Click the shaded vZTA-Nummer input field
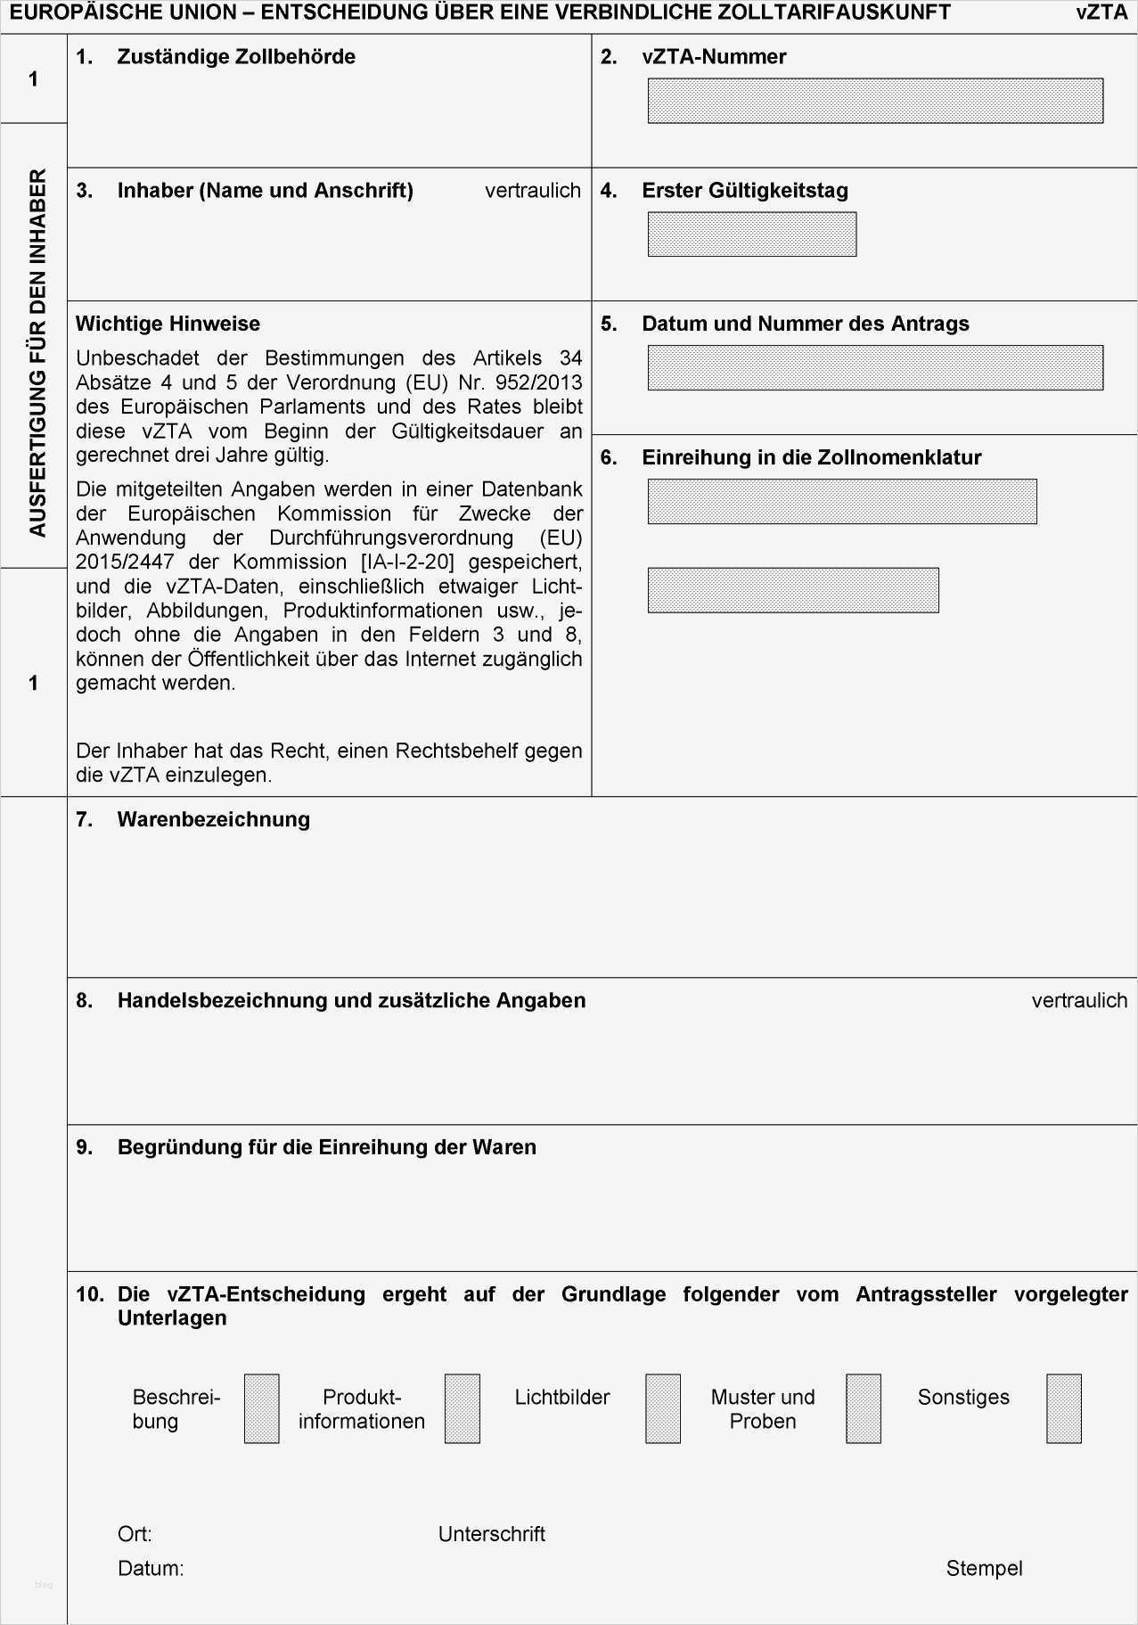click(874, 101)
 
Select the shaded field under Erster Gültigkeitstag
click(751, 234)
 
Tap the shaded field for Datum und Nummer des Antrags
click(874, 368)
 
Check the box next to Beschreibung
click(261, 1408)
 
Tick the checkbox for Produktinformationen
click(462, 1408)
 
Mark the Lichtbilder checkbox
click(662, 1408)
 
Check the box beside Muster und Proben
click(863, 1408)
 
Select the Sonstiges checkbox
click(1063, 1408)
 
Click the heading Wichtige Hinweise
click(168, 324)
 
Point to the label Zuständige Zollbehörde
click(236, 57)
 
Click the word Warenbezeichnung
click(213, 819)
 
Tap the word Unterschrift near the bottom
click(491, 1534)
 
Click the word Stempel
click(984, 1568)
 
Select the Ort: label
click(135, 1534)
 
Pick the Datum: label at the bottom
click(151, 1568)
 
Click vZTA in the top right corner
click(1101, 12)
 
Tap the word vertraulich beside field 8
click(1079, 1000)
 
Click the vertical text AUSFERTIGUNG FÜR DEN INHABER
click(37, 353)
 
